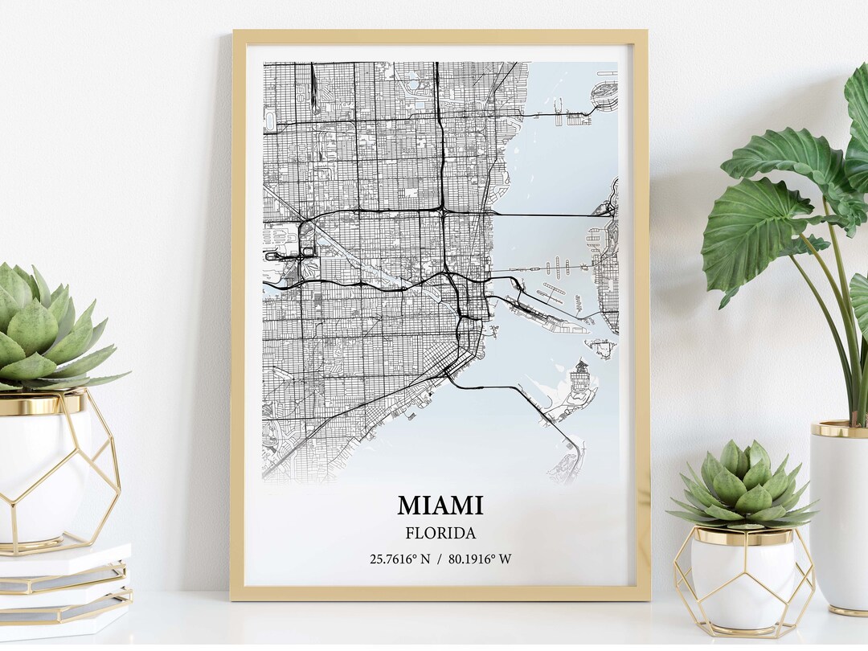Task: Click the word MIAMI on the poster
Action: tap(440, 506)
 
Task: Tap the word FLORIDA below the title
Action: tap(440, 533)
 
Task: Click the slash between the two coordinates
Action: tap(440, 559)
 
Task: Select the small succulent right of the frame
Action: tap(743, 486)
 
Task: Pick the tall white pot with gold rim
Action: tap(840, 514)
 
